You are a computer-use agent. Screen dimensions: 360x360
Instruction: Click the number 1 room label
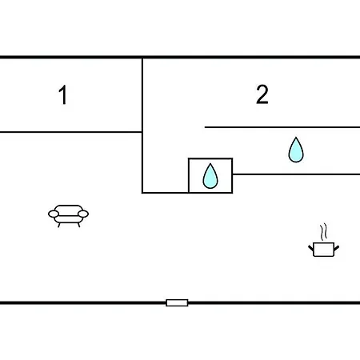[63, 94]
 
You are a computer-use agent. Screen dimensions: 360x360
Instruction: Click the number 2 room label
[262, 94]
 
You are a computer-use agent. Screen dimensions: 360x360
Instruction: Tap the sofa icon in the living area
[68, 216]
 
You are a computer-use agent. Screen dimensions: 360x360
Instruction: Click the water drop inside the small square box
[210, 176]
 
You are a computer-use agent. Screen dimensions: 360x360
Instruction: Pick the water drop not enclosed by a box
[296, 150]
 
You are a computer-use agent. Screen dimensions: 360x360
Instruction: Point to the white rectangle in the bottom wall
[177, 302]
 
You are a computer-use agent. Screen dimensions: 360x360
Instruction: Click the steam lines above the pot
[323, 232]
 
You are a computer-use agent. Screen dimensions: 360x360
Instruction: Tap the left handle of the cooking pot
[311, 248]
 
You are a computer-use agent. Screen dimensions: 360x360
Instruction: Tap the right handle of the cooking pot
[336, 248]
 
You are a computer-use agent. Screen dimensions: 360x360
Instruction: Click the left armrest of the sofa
[54, 214]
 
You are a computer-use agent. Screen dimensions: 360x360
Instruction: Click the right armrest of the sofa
[83, 214]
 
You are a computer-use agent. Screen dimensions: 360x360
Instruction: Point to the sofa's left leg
[59, 225]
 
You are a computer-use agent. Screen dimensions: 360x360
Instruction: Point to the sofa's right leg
[78, 225]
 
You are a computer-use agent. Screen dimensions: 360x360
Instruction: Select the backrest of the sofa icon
[69, 208]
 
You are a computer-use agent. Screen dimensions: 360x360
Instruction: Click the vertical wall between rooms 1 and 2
[142, 126]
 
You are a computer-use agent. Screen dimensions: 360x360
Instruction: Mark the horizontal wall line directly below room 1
[70, 132]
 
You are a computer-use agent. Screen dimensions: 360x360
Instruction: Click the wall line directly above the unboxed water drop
[282, 127]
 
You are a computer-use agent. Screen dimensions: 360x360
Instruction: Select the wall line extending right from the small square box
[296, 174]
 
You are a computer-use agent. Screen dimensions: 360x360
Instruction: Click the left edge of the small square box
[189, 175]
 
